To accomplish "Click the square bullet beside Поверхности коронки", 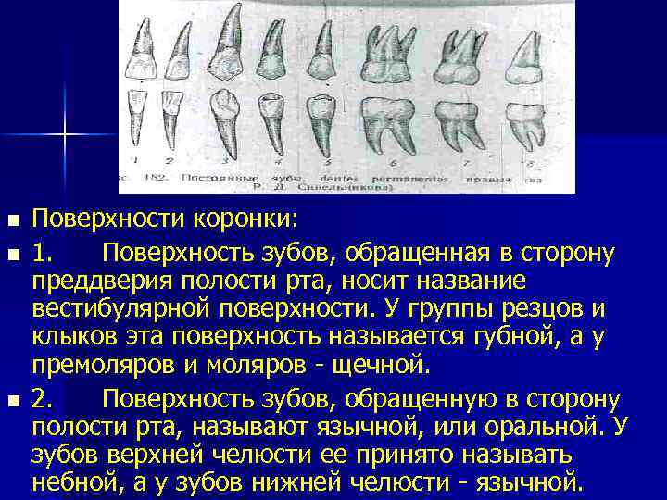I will (12, 222).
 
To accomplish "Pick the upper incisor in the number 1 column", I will (143, 46).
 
